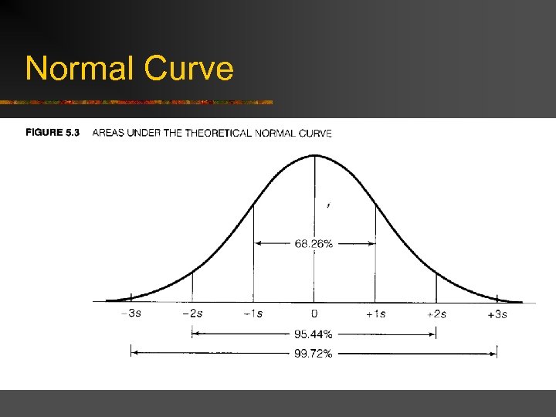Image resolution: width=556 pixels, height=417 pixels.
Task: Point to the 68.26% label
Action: [x=314, y=244]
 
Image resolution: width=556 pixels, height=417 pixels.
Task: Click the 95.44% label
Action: [x=314, y=334]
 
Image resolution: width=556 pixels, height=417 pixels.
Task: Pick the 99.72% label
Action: [x=314, y=354]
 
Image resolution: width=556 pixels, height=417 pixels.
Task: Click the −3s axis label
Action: [x=131, y=314]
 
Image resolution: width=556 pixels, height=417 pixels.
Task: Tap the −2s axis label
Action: [x=192, y=314]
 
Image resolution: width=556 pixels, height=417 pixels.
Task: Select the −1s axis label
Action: [x=253, y=314]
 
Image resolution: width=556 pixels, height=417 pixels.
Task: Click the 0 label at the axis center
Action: [x=314, y=314]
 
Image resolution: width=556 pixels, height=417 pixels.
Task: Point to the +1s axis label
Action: [x=375, y=314]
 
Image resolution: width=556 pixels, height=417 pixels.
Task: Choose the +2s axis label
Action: [x=436, y=314]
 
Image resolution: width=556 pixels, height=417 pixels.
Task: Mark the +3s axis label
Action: [x=497, y=314]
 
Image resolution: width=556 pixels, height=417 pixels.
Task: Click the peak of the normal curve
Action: [x=314, y=155]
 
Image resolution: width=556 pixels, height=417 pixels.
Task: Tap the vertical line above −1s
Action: [x=253, y=255]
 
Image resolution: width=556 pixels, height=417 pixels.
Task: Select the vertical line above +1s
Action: [x=375, y=255]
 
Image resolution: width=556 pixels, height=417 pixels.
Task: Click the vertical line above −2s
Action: [x=192, y=286]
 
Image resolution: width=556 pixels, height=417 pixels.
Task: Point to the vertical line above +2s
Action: [x=436, y=286]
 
